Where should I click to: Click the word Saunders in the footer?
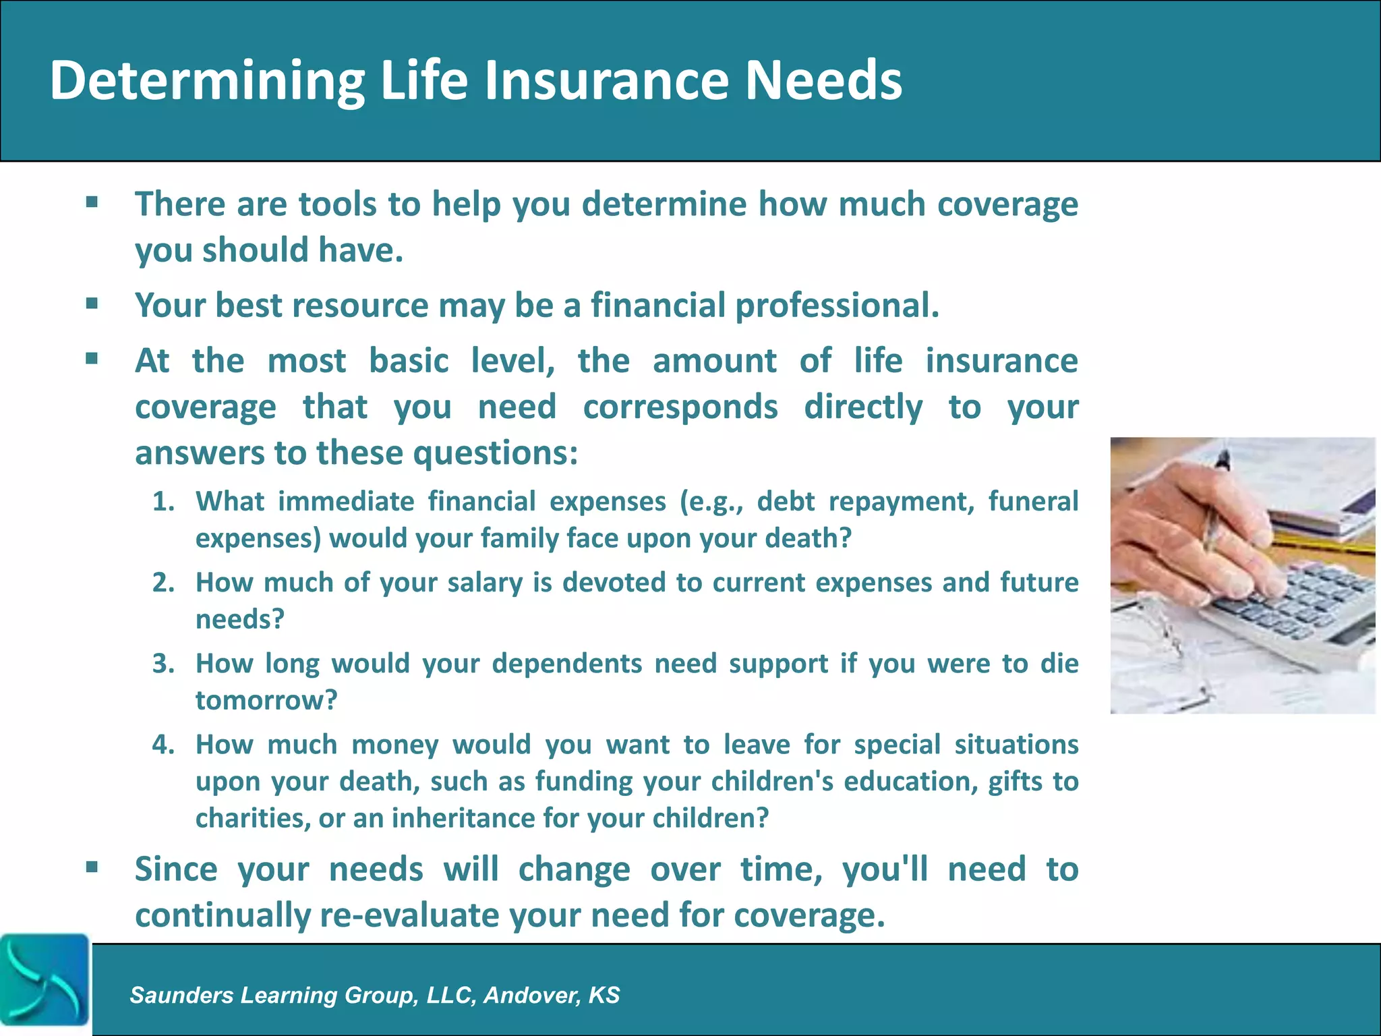coord(181,995)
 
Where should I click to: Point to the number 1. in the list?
coord(163,502)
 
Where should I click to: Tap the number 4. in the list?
coord(163,745)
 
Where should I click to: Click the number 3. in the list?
coord(163,664)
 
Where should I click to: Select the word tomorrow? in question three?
coord(266,700)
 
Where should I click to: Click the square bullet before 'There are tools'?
coord(92,202)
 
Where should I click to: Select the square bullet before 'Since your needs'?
coord(92,867)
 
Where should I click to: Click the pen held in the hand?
coord(1214,506)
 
